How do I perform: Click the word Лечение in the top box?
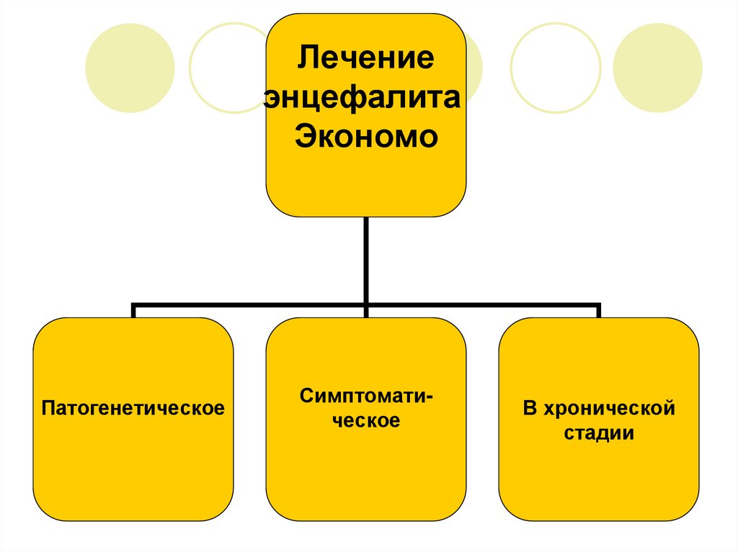366,56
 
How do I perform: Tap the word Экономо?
366,136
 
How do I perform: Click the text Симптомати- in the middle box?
366,397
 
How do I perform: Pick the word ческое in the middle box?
366,421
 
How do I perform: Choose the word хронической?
611,409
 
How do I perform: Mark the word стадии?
599,434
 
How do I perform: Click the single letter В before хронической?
530,409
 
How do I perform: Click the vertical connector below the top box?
366,259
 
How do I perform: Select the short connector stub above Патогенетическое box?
133,312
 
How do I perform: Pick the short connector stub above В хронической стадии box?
599,312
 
